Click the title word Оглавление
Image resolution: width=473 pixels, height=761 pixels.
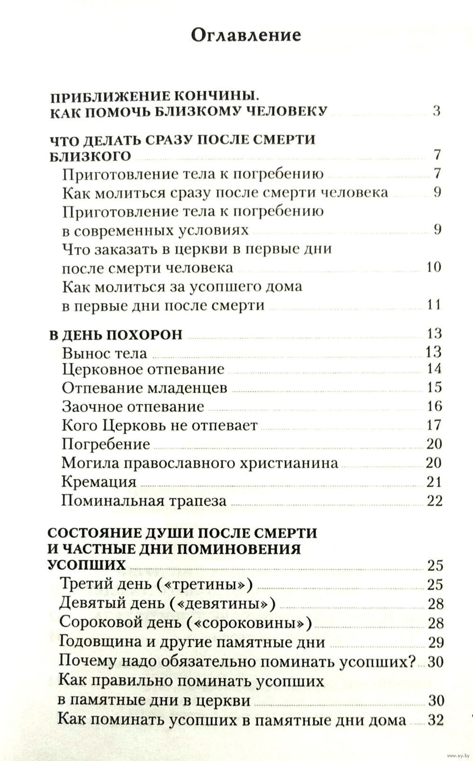pos(246,36)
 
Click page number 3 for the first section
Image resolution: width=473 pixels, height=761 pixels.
pos(436,111)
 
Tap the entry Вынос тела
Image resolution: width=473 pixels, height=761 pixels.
pos(105,353)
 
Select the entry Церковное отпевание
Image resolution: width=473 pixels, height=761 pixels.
pos(143,369)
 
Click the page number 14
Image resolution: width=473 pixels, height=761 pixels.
pos(434,369)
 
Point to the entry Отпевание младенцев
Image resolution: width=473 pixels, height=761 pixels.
pos(144,388)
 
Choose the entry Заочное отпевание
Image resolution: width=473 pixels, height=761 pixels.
pos(133,406)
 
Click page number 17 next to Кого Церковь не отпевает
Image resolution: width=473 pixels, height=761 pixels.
pos(434,425)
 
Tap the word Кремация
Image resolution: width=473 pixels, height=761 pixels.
pos(99,482)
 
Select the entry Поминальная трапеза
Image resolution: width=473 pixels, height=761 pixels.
pos(144,501)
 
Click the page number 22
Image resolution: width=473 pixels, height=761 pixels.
pos(434,501)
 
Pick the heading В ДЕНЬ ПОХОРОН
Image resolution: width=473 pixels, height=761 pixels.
pos(116,334)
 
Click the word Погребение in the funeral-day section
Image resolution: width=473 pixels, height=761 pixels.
pos(106,444)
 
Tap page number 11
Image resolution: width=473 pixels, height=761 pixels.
pos(434,304)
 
